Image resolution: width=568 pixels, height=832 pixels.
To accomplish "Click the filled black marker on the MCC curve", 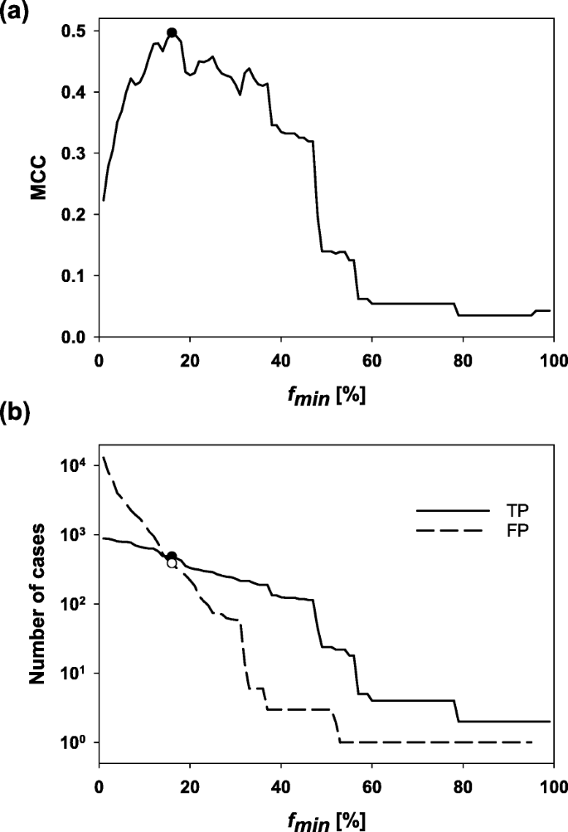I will pos(172,33).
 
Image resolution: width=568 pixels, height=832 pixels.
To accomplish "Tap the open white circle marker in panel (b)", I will pos(172,563).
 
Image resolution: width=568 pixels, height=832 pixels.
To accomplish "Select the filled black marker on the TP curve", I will pos(172,556).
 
